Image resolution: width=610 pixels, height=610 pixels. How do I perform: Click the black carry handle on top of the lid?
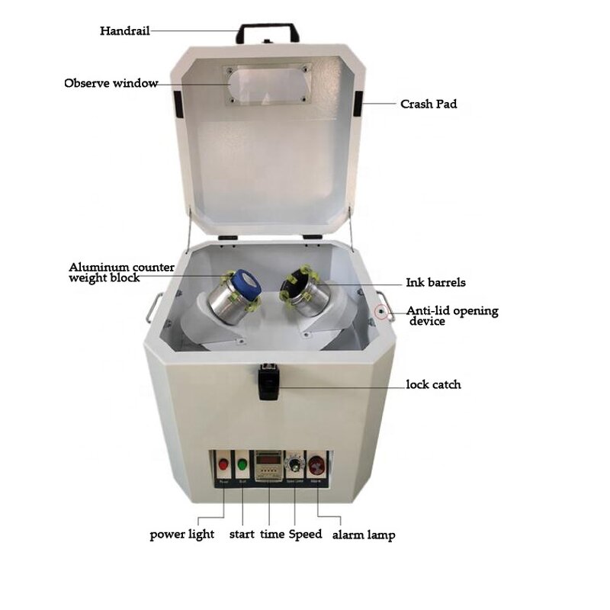[267, 30]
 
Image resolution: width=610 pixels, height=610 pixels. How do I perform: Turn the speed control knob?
[294, 464]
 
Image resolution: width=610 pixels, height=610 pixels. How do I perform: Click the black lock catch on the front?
[267, 381]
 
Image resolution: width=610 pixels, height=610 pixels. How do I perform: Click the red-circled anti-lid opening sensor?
[380, 312]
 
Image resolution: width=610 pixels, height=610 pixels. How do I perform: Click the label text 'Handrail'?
[124, 31]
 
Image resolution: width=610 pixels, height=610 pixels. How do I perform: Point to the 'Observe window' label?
[111, 83]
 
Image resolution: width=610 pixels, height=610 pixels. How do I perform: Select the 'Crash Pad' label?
[429, 104]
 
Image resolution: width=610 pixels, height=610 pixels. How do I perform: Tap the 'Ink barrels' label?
[435, 283]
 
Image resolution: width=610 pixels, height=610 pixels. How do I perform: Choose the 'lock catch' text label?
[433, 384]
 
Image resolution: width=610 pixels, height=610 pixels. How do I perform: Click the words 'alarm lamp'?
[363, 535]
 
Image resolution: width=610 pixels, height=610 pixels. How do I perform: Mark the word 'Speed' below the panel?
[305, 535]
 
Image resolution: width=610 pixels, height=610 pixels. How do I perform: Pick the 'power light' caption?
[181, 535]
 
